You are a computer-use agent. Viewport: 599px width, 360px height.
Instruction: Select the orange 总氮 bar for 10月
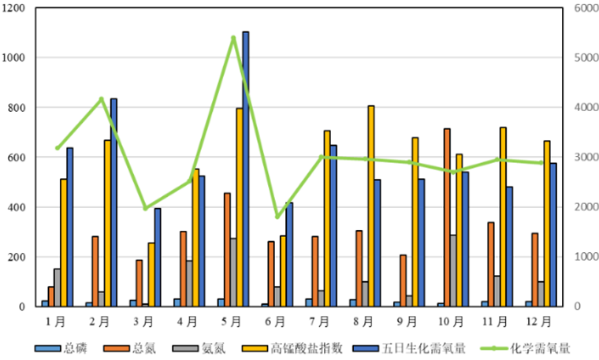[x=447, y=217]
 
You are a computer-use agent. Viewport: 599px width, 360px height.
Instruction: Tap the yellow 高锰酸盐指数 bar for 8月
[x=371, y=206]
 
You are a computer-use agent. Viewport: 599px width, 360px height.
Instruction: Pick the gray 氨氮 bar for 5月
[x=233, y=272]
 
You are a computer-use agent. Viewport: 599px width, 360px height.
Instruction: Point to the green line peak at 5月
[x=233, y=38]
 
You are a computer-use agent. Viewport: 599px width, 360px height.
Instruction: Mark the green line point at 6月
[x=277, y=217]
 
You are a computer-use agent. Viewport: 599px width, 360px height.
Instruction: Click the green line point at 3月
[x=145, y=209]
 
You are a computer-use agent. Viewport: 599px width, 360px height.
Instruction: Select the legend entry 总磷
[x=66, y=347]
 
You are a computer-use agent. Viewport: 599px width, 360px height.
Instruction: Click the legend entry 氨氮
[x=204, y=347]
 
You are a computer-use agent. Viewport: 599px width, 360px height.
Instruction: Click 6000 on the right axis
[x=582, y=8]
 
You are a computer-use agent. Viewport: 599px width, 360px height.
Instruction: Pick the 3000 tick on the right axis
[x=582, y=158]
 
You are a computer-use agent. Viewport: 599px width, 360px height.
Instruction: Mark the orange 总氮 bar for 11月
[x=491, y=264]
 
